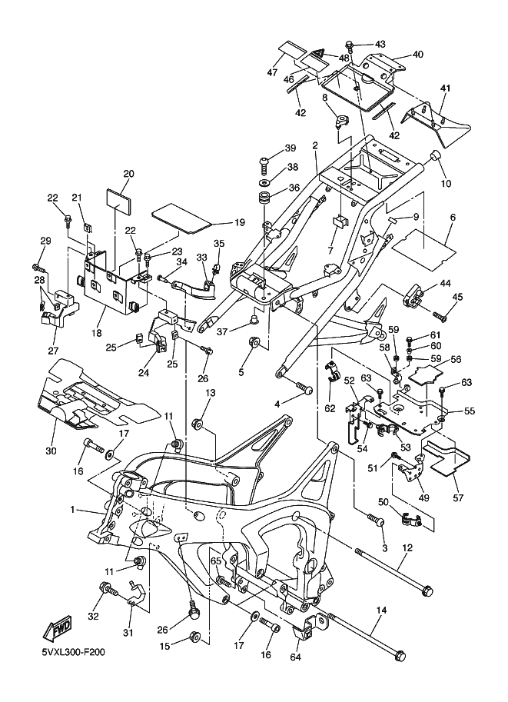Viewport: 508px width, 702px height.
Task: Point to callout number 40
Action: coord(417,55)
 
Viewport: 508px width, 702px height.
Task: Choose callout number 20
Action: coord(128,174)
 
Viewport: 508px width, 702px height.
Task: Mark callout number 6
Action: coord(453,218)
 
